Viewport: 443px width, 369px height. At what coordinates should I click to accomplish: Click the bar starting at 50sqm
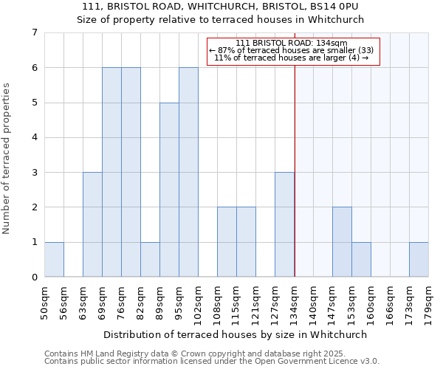pyautogui.click(x=54, y=259)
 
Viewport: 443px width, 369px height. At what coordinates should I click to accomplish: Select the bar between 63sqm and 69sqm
pyautogui.click(x=92, y=224)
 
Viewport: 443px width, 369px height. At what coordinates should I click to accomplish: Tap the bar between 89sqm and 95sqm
pyautogui.click(x=169, y=190)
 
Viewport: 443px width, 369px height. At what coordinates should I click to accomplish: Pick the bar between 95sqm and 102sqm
pyautogui.click(x=188, y=172)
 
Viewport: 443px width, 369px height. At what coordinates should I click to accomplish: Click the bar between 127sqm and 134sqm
pyautogui.click(x=284, y=224)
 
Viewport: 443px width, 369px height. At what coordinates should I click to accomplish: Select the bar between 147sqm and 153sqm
pyautogui.click(x=342, y=242)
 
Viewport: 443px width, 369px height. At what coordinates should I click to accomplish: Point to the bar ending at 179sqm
pyautogui.click(x=419, y=259)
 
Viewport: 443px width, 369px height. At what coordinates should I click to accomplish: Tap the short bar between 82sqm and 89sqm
pyautogui.click(x=150, y=259)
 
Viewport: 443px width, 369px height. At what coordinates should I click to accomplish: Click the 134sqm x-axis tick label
pyautogui.click(x=295, y=303)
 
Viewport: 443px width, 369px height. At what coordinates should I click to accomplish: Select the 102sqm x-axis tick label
pyautogui.click(x=199, y=303)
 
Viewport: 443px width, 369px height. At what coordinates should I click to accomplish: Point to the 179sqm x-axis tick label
pyautogui.click(x=429, y=303)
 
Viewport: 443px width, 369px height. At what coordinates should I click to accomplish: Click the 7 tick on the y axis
pyautogui.click(x=33, y=32)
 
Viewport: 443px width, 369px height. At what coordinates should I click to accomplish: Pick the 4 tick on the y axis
pyautogui.click(x=33, y=137)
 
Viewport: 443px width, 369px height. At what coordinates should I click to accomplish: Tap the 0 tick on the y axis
pyautogui.click(x=33, y=277)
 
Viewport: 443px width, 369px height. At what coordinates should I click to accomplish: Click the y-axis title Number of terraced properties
pyautogui.click(x=7, y=158)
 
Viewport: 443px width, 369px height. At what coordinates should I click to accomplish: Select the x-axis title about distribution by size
pyautogui.click(x=235, y=334)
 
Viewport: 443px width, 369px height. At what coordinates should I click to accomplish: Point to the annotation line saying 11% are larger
pyautogui.click(x=291, y=58)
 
